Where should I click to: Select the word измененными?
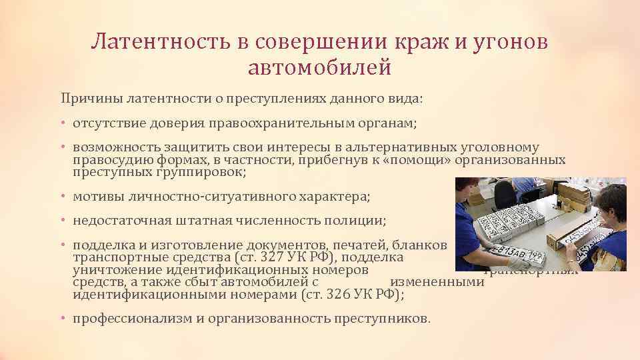coord(437,282)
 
